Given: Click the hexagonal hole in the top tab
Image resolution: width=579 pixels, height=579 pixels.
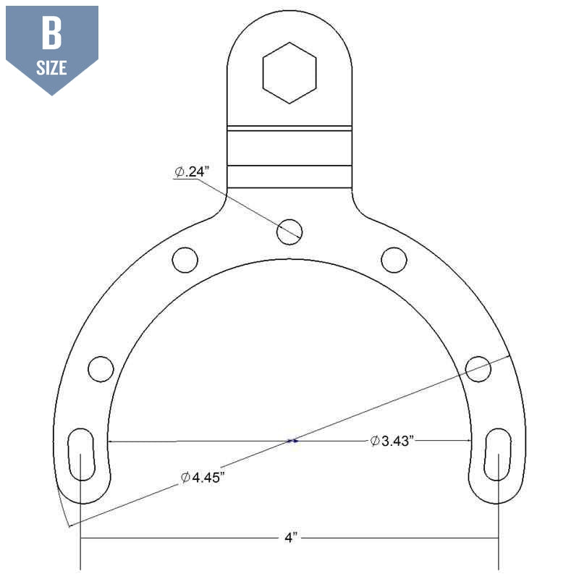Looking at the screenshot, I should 289,72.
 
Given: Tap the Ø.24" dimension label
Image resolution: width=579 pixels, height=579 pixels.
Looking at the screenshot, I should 192,172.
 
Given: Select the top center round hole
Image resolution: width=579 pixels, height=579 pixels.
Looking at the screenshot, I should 289,231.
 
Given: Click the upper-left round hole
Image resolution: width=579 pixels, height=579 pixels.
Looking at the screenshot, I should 185,258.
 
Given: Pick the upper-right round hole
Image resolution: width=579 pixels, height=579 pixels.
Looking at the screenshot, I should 394,258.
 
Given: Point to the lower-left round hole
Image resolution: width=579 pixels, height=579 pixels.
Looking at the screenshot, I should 101,368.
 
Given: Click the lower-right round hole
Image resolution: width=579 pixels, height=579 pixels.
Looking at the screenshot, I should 478,368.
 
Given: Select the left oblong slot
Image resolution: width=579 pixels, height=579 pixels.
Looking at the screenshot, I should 80,454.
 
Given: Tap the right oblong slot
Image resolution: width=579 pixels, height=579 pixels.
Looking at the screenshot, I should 498,454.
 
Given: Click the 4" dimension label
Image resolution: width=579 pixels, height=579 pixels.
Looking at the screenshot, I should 289,538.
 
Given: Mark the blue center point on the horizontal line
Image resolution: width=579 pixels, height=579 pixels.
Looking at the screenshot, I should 292,440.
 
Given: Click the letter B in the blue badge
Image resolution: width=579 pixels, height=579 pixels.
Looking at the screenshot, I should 51,33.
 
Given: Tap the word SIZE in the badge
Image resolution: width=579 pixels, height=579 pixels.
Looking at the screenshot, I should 51,68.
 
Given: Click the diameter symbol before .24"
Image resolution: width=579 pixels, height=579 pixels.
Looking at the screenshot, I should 179,172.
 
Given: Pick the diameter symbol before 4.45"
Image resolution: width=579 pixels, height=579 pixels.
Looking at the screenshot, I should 186,478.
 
